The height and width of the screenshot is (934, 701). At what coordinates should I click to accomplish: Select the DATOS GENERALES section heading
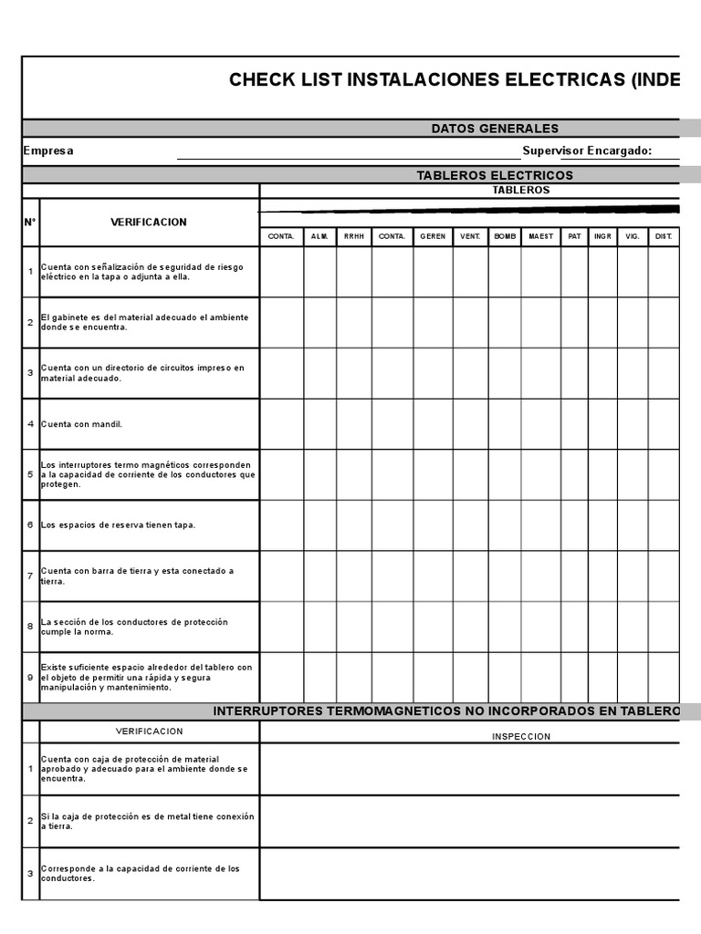pos(495,129)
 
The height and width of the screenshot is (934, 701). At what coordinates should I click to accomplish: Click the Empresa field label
pos(48,151)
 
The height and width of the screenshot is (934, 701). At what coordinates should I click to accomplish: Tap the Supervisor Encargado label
pos(587,151)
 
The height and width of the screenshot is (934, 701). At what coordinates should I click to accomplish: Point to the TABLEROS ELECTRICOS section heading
pos(495,175)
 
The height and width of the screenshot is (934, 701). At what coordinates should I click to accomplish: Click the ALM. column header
pos(319,236)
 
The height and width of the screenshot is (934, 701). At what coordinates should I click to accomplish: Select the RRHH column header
pos(353,236)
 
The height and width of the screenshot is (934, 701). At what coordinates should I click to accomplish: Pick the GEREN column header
pos(433,236)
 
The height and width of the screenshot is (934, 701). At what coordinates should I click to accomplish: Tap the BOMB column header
pos(505,236)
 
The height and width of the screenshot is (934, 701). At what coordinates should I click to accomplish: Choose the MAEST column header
pos(540,236)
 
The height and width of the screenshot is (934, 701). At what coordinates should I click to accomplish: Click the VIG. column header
pos(633,236)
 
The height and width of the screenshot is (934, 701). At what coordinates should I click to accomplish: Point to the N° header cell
pos(30,222)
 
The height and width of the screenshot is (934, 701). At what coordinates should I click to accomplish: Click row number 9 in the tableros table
pos(30,678)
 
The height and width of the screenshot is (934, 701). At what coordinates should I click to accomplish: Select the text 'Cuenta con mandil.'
pos(81,424)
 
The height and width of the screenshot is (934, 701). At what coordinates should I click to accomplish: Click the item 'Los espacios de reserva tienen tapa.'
pos(118,525)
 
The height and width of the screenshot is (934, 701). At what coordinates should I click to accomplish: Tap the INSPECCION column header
pos(521,736)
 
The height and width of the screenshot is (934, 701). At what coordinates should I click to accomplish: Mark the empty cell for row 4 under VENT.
pos(470,424)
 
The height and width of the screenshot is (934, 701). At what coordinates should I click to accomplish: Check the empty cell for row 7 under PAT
pos(574,576)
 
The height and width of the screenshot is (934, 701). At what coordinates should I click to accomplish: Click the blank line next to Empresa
pos(347,151)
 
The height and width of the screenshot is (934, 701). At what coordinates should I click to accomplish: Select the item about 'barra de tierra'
pos(137,576)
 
